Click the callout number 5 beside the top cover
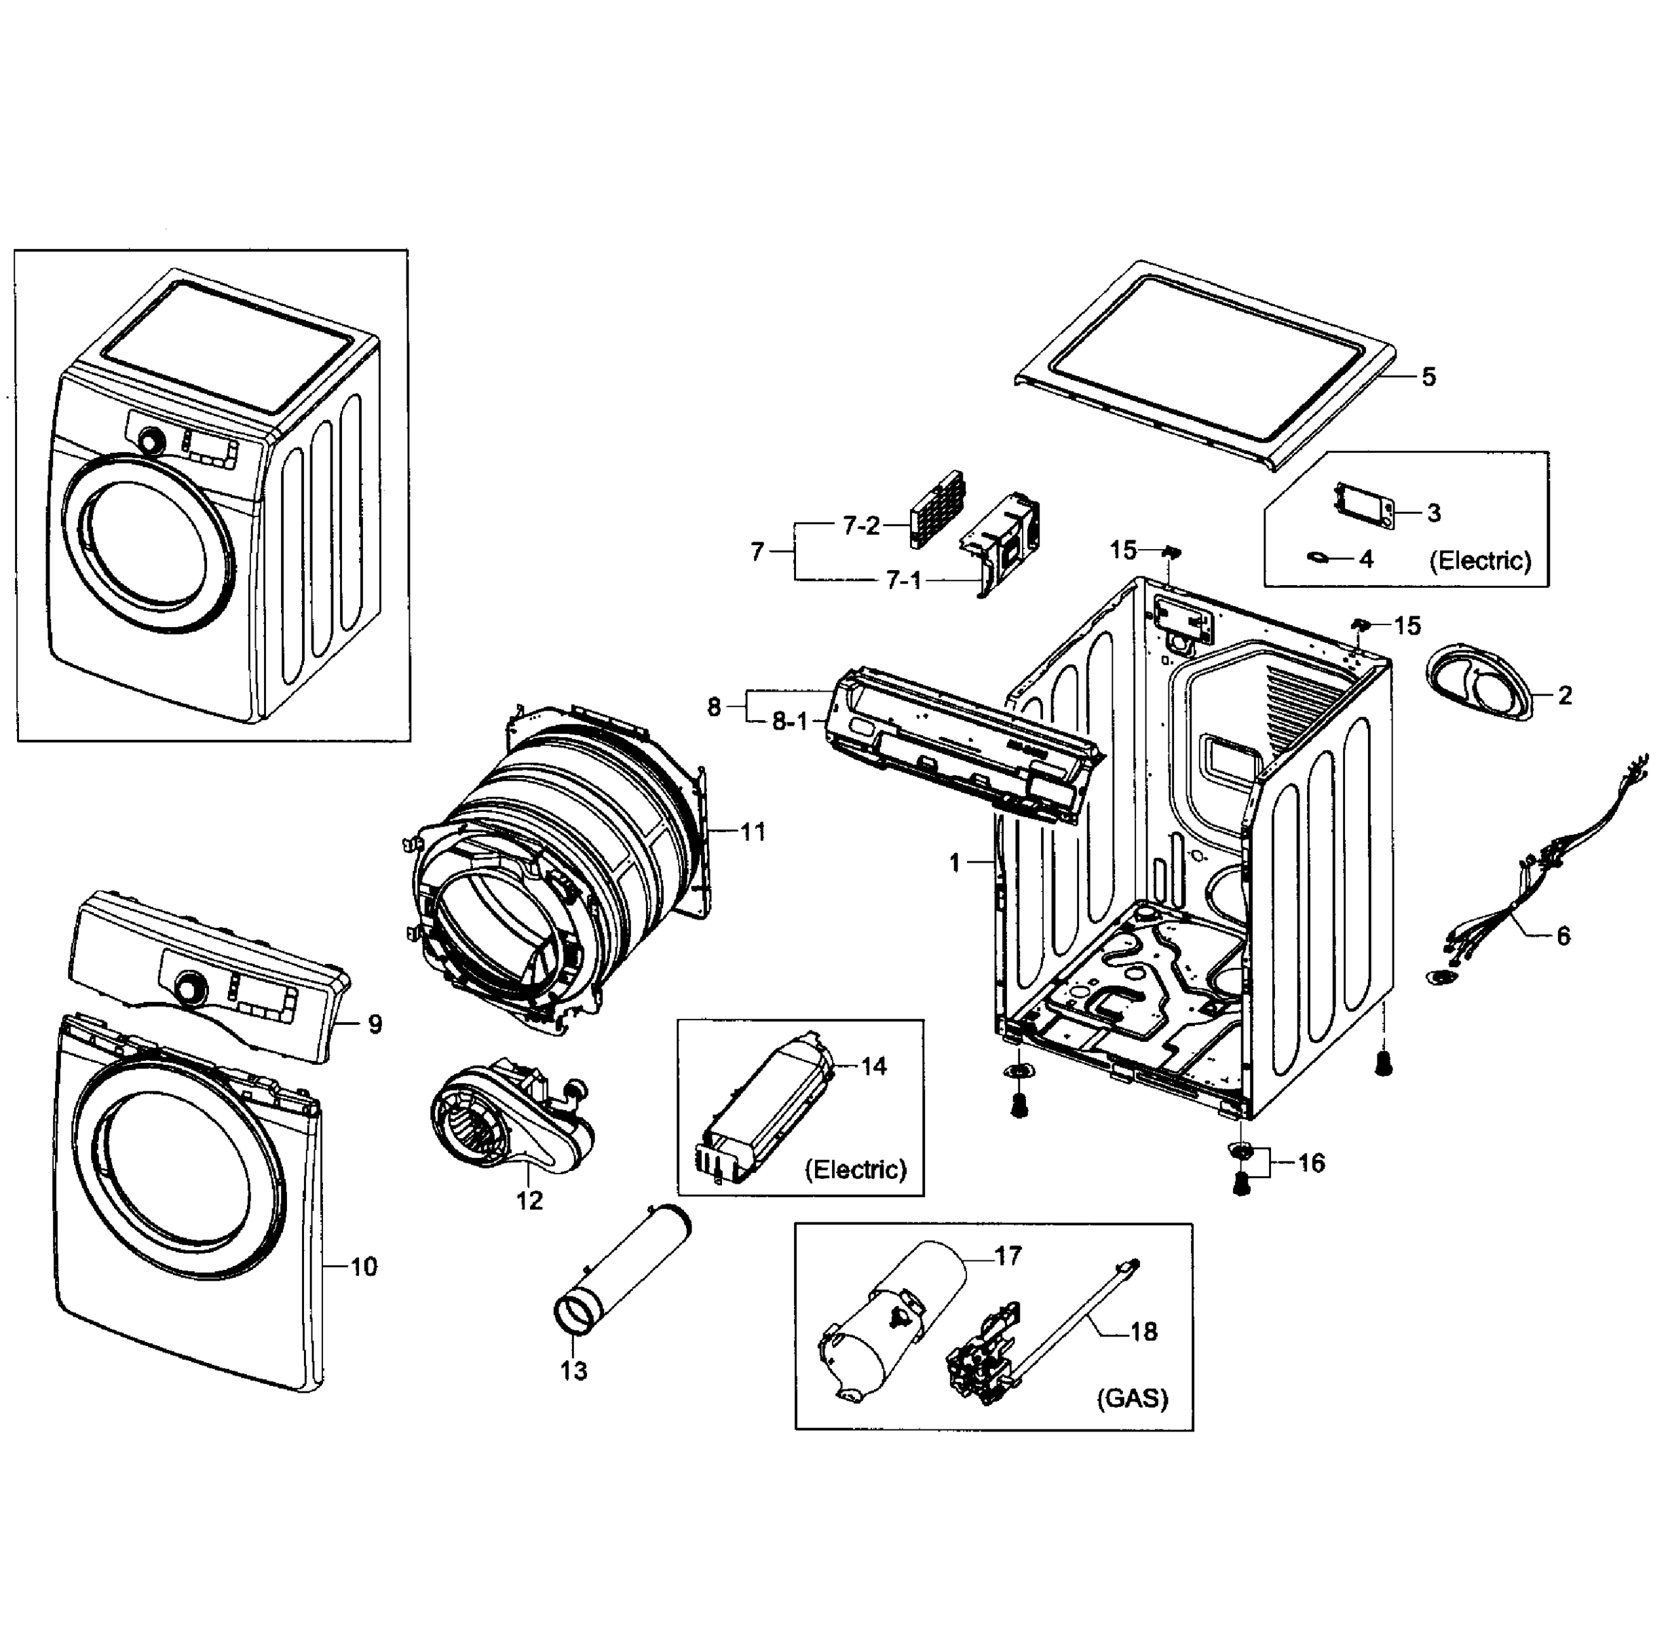[x=1428, y=377]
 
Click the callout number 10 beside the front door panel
[x=364, y=1267]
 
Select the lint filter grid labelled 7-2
[x=938, y=508]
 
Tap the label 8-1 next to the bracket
[x=790, y=722]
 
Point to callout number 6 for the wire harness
[x=1563, y=937]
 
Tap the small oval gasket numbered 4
[x=1318, y=559]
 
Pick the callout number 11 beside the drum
[x=753, y=831]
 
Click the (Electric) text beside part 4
[x=1480, y=561]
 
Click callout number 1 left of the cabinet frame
[x=955, y=863]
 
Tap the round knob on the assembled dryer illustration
[x=152, y=441]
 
